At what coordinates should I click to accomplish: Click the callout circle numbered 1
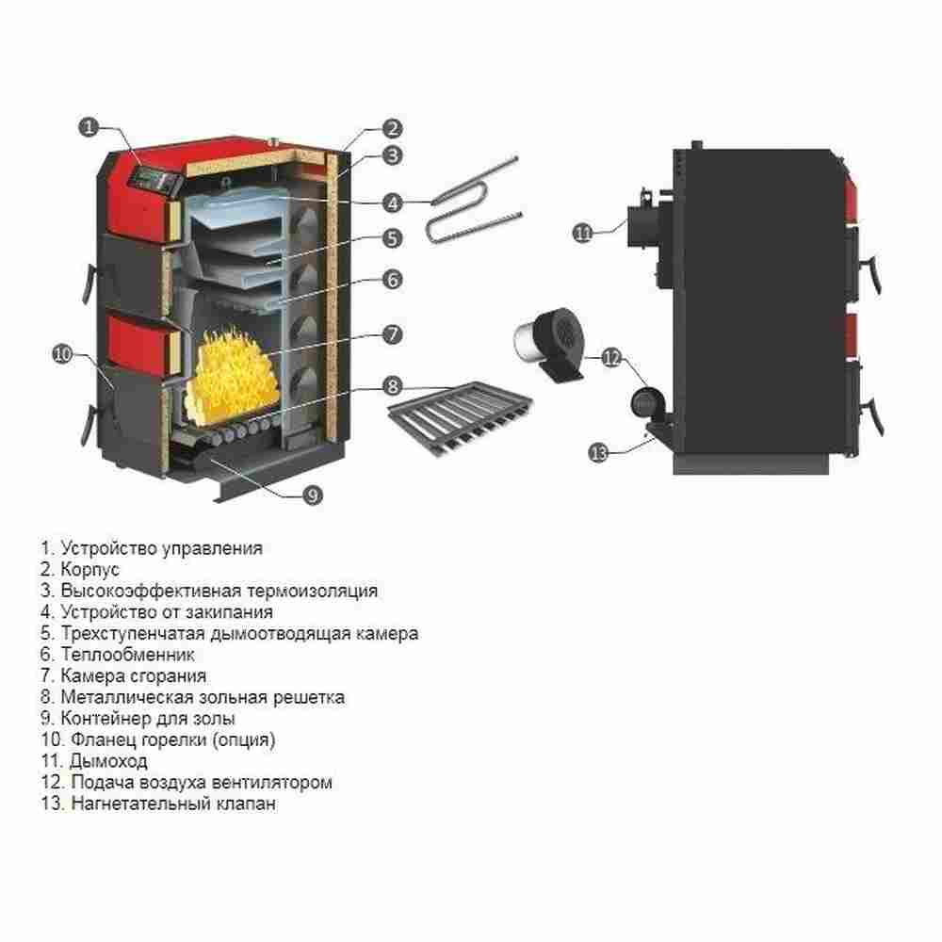[89, 126]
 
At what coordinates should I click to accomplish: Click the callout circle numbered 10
[62, 354]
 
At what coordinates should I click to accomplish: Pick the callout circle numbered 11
[584, 231]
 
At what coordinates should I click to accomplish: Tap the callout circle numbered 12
[611, 358]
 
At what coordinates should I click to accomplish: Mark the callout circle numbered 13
[599, 452]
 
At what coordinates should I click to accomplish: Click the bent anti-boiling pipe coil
[471, 200]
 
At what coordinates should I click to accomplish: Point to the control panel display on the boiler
[154, 176]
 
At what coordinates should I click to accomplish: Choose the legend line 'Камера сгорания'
[133, 676]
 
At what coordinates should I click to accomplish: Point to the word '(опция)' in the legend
[243, 740]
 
